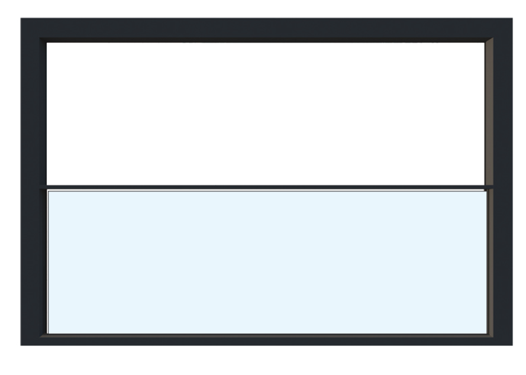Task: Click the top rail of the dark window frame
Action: pyautogui.click(x=266, y=28)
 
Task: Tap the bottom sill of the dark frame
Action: pyautogui.click(x=266, y=340)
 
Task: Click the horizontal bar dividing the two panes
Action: pyautogui.click(x=266, y=187)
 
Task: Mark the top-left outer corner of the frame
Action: pyautogui.click(x=21, y=18)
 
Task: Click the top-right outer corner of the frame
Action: pyautogui.click(x=512, y=18)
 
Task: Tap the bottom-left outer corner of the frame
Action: pyautogui.click(x=21, y=345)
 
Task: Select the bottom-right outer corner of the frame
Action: pyautogui.click(x=512, y=345)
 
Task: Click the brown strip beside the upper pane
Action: pyautogui.click(x=489, y=112)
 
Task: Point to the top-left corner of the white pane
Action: pyautogui.click(x=47, y=43)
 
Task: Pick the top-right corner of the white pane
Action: pyautogui.click(x=485, y=43)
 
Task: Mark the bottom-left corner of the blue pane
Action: pyautogui.click(x=49, y=333)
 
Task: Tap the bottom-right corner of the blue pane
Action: pyautogui.click(x=486, y=333)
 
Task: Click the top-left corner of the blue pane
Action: pyautogui.click(x=49, y=192)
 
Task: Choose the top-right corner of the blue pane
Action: pyautogui.click(x=486, y=192)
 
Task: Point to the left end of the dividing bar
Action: pyautogui.click(x=41, y=187)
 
